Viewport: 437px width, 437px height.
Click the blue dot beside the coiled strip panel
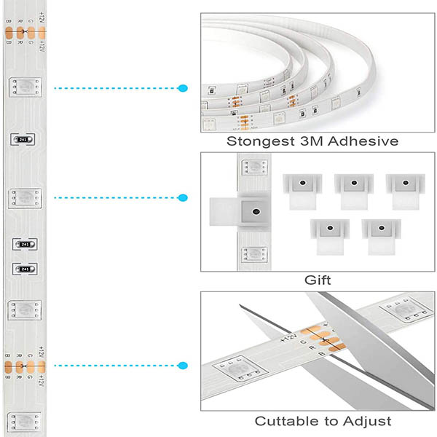click(183, 88)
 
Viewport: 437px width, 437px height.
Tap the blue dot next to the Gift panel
click(183, 197)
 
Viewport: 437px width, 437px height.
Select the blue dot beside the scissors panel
click(183, 365)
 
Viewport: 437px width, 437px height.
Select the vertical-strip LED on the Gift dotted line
click(24, 197)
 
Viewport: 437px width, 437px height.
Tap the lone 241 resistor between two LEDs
click(24, 139)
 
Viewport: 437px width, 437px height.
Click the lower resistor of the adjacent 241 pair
click(24, 269)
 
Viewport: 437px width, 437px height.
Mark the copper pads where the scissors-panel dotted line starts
click(24, 365)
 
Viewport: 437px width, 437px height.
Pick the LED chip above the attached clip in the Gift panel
click(254, 168)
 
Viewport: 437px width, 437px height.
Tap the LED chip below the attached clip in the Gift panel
click(254, 254)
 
